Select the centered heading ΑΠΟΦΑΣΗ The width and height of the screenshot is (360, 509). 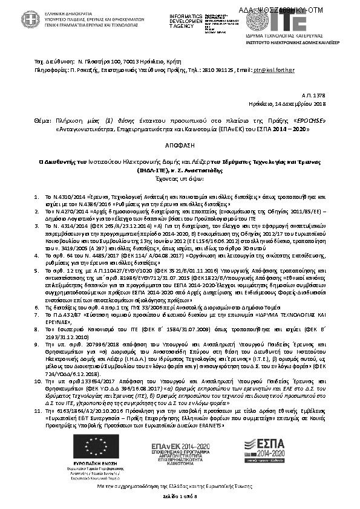point(180,146)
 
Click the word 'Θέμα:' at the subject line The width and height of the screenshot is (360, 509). point(43,120)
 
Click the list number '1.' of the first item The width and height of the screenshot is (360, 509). point(37,198)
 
